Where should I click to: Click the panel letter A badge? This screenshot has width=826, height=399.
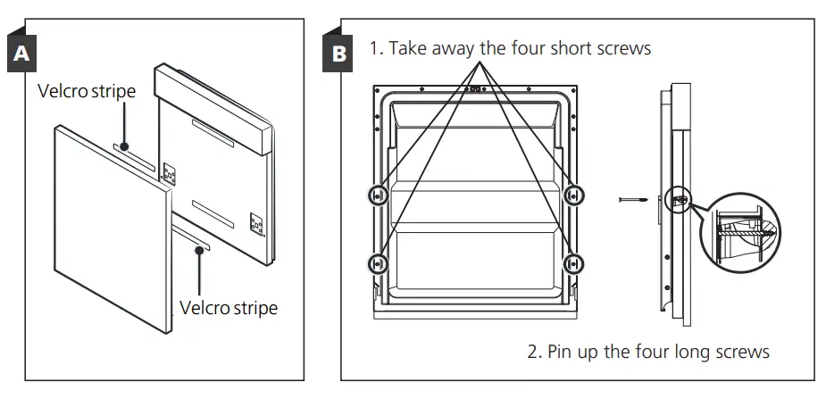click(x=22, y=54)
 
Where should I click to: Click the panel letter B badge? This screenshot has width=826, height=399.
click(x=339, y=54)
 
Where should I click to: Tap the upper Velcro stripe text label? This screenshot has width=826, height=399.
click(x=87, y=92)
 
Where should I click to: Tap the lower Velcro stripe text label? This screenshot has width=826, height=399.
click(x=229, y=308)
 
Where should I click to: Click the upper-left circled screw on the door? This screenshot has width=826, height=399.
click(x=378, y=195)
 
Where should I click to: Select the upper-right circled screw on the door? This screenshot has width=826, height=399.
click(x=574, y=194)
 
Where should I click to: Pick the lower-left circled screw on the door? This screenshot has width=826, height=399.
click(x=378, y=263)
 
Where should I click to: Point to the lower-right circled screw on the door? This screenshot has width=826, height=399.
click(x=574, y=263)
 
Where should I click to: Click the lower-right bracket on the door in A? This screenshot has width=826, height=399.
click(x=255, y=224)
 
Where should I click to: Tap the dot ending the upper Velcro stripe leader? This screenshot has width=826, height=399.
click(x=124, y=145)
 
